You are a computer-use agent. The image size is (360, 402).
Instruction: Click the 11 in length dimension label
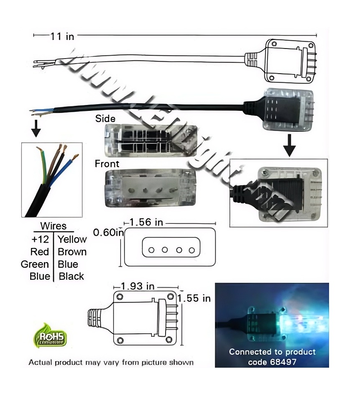[x=62, y=36]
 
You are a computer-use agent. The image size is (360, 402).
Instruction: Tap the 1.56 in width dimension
[x=146, y=222]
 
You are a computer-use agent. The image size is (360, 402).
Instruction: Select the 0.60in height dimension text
[x=108, y=232]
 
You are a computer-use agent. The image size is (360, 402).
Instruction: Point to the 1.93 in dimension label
[x=138, y=287]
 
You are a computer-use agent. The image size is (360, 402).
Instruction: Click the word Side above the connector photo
[x=105, y=118]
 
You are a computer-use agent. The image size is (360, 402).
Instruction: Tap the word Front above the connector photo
[x=107, y=164]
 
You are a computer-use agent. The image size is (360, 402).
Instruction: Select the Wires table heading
[x=53, y=226]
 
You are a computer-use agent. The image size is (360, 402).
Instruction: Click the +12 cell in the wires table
[x=40, y=239]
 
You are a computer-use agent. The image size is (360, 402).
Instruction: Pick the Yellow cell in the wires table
[x=72, y=239]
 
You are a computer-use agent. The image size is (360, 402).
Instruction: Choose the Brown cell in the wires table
[x=72, y=252]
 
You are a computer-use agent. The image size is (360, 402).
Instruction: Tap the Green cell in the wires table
[x=35, y=264]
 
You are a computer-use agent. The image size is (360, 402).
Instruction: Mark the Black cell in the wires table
[x=71, y=277]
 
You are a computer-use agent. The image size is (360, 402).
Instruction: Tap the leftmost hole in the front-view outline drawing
[x=151, y=250]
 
